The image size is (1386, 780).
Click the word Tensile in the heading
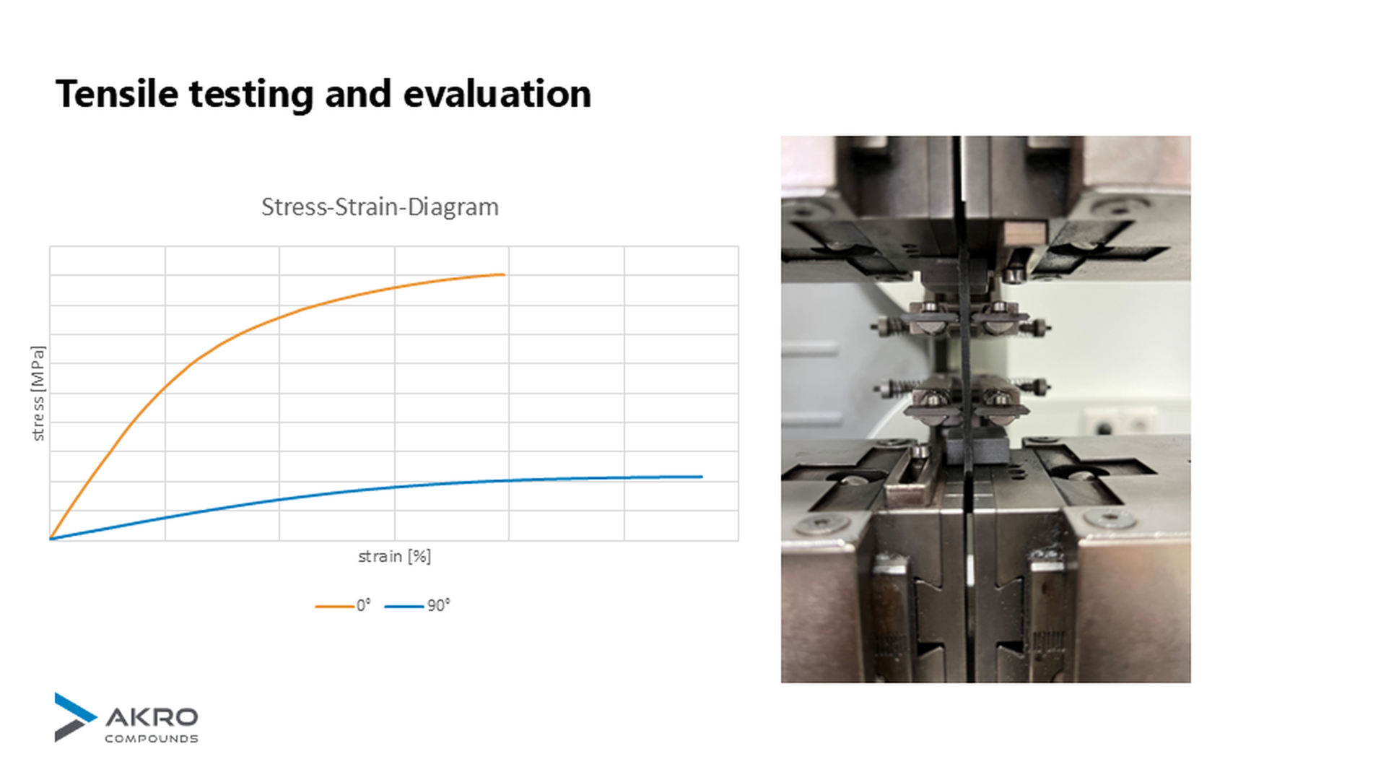pos(116,94)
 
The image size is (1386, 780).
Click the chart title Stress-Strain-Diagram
pos(380,207)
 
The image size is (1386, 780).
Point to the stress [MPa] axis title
pos(38,393)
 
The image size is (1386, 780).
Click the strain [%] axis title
pos(394,556)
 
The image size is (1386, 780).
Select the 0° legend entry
pos(344,605)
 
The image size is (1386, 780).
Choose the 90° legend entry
pos(418,605)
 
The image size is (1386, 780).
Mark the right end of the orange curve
pos(503,274)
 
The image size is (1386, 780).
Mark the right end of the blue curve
pos(702,477)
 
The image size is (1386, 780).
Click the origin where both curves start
pos(51,539)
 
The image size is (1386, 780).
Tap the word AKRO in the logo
pos(152,717)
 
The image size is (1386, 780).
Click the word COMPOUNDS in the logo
pos(152,738)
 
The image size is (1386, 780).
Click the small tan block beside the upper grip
pos(1024,233)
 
